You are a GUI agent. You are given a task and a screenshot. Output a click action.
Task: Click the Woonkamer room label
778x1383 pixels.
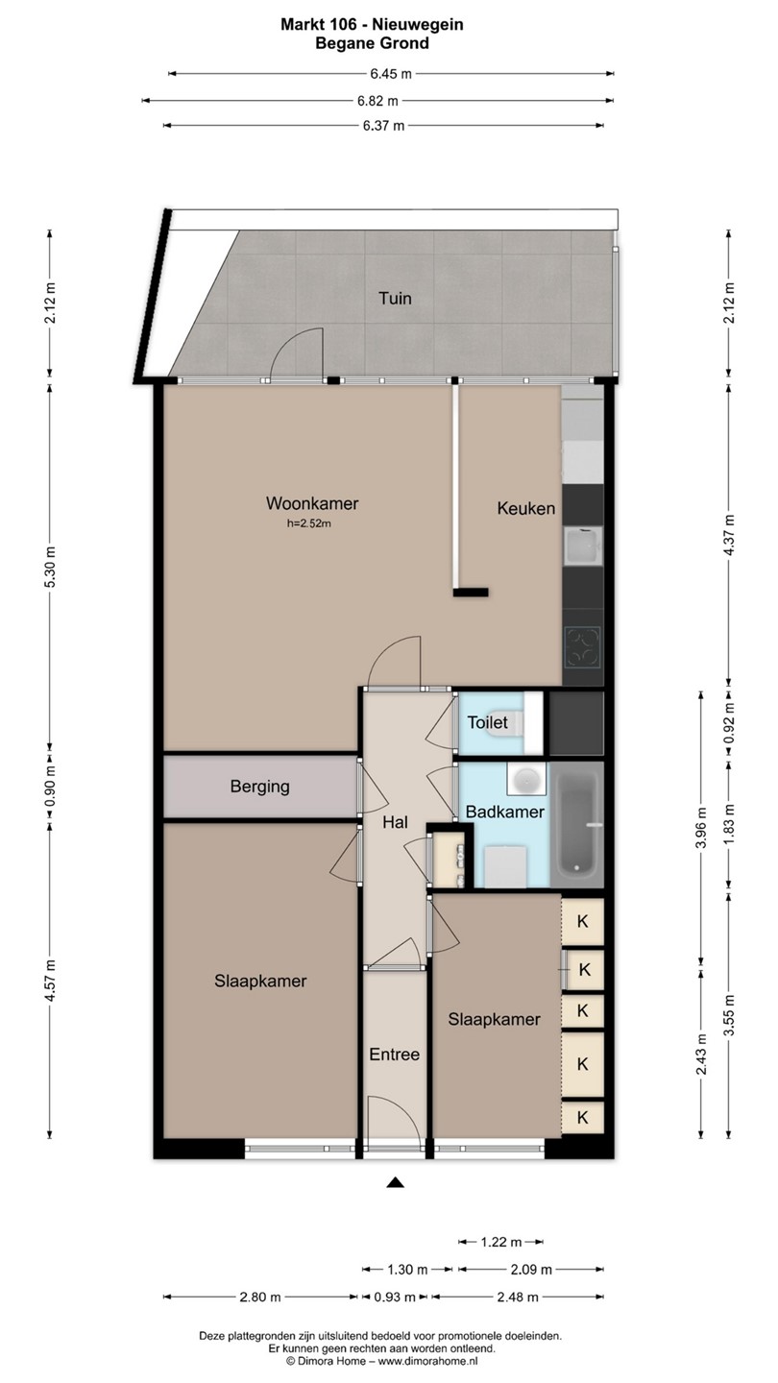tap(312, 503)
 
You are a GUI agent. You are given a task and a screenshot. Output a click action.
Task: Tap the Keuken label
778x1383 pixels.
tap(526, 508)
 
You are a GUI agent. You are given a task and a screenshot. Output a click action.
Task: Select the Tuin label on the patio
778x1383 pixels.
tap(395, 298)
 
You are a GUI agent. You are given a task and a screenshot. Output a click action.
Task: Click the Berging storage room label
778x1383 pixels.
tap(260, 787)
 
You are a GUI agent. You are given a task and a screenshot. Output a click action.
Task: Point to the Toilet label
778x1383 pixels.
tap(487, 722)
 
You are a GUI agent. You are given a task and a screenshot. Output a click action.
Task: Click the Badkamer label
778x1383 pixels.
tap(504, 812)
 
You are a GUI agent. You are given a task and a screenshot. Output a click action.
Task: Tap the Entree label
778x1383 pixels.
tap(395, 1055)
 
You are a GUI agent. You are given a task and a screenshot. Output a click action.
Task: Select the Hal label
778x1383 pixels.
tap(395, 822)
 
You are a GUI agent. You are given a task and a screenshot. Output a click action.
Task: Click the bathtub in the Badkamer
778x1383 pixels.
tap(576, 825)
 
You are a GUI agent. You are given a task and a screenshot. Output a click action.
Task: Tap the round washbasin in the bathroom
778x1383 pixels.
tap(526, 779)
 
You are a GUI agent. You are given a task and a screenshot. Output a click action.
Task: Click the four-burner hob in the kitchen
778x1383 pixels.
tap(584, 647)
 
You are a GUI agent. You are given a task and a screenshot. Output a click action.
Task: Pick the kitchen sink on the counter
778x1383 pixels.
tap(584, 546)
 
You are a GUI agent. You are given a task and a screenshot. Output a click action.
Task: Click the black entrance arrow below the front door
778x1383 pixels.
tap(395, 1183)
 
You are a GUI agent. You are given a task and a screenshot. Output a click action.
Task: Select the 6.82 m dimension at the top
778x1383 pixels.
tap(377, 100)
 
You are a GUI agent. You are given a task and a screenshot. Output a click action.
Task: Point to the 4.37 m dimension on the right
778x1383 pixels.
tap(729, 535)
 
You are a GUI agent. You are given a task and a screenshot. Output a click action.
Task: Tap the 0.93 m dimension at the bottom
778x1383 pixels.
tap(395, 1298)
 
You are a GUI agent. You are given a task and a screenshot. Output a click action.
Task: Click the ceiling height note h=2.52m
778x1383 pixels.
tap(308, 524)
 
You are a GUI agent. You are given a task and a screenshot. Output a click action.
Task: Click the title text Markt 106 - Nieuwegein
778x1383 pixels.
tap(372, 25)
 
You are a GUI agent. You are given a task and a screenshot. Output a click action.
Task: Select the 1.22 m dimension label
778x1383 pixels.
tap(500, 1242)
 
